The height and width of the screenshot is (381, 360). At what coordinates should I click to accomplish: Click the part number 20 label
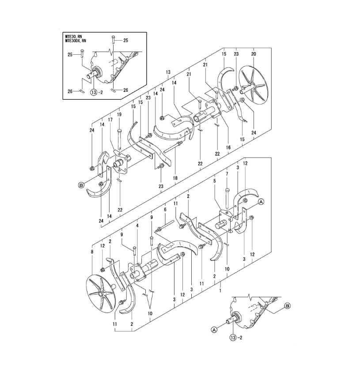tap(254, 54)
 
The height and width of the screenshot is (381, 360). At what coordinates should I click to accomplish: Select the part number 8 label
tap(92, 252)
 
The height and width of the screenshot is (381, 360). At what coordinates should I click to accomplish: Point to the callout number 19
tap(119, 114)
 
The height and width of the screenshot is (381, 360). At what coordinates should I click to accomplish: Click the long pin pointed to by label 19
tap(119, 139)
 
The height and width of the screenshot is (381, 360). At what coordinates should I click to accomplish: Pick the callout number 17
tap(110, 120)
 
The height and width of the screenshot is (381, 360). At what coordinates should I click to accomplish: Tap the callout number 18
tap(175, 178)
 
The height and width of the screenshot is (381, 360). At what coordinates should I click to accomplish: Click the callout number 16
tap(228, 147)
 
